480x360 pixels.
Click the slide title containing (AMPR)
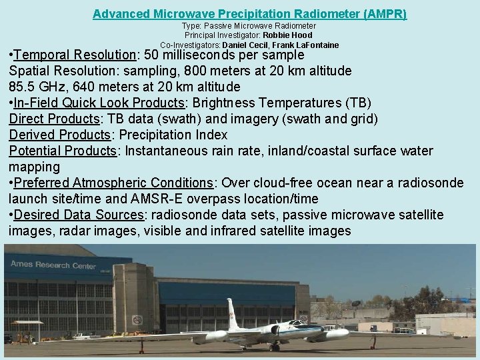click(249, 13)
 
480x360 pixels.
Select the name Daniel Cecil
click(244, 45)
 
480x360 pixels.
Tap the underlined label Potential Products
click(63, 151)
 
